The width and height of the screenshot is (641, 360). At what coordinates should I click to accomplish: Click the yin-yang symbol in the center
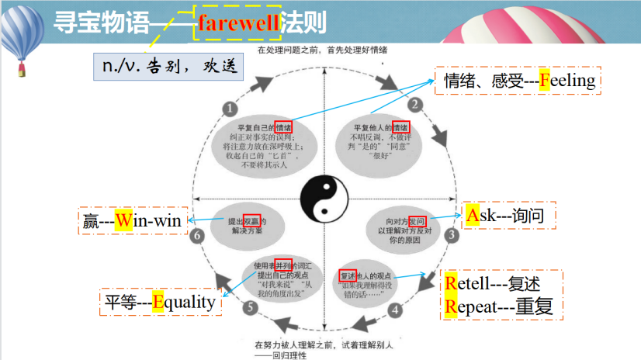[320, 197]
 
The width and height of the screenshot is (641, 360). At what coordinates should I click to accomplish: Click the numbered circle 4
[395, 310]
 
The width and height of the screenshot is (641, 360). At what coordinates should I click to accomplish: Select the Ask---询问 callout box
[510, 216]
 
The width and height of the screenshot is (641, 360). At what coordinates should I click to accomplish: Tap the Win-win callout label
[131, 222]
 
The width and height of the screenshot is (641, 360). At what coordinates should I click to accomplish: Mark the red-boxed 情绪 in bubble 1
[283, 127]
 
